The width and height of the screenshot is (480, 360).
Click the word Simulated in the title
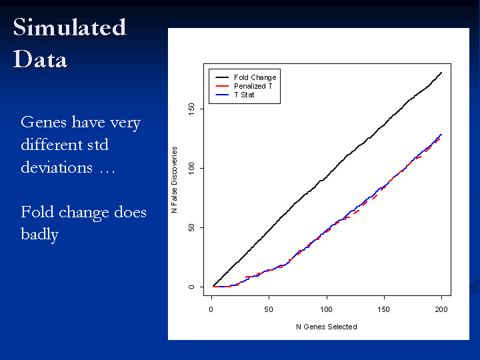pyautogui.click(x=69, y=27)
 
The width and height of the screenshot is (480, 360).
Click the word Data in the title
pyautogui.click(x=40, y=59)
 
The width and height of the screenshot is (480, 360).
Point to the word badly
pyautogui.click(x=39, y=235)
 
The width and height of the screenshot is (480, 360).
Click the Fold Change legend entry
pyautogui.click(x=255, y=77)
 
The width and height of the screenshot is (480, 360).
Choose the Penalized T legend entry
pyautogui.click(x=253, y=86)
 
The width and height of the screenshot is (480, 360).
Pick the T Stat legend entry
pyautogui.click(x=244, y=95)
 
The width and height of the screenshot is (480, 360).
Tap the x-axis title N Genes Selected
pyautogui.click(x=327, y=327)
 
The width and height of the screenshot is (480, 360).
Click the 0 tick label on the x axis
pyautogui.click(x=211, y=309)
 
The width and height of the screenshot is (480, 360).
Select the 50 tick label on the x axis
pyautogui.click(x=269, y=309)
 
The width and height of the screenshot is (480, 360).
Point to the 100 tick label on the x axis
pyautogui.click(x=326, y=309)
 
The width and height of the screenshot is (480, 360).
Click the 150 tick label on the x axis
pyautogui.click(x=383, y=309)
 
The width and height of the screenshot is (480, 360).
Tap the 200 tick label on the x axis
pyautogui.click(x=441, y=309)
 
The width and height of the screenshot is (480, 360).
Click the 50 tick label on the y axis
pyautogui.click(x=191, y=227)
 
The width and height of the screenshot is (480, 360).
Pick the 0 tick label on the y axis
pyautogui.click(x=191, y=287)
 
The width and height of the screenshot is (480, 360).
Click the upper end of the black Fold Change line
pyautogui.click(x=441, y=72)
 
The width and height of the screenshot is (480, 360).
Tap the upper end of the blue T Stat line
pyautogui.click(x=441, y=134)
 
